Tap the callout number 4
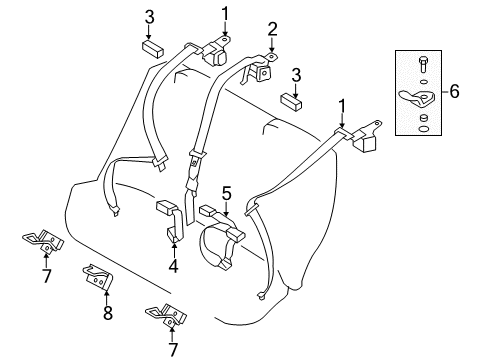tap(172, 267)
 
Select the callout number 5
tap(227, 192)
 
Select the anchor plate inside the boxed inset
tap(422, 98)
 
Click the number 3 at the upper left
tap(149, 16)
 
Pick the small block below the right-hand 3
tap(293, 101)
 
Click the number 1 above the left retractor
tap(225, 13)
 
